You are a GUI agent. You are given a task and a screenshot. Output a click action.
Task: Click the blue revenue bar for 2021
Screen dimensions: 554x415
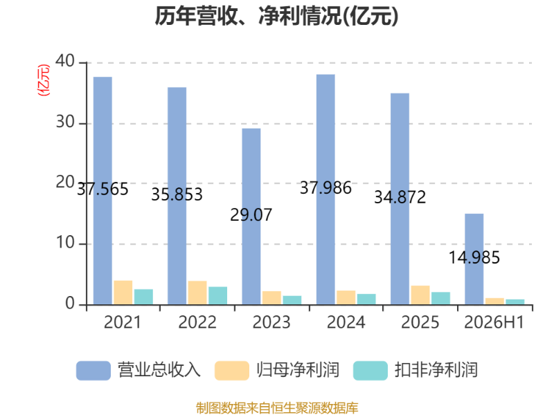102,191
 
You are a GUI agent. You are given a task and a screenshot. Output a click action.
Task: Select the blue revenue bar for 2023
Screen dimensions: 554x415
251,216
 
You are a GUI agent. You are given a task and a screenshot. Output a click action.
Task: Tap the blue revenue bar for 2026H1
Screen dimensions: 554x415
474,259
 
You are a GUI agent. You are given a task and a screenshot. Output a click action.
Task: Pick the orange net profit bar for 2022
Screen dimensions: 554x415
197,293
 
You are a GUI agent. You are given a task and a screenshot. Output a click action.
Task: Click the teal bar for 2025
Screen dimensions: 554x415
440,298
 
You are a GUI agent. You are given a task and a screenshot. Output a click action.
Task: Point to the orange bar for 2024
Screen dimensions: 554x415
346,297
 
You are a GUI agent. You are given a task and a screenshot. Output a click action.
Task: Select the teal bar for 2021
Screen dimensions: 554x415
143,297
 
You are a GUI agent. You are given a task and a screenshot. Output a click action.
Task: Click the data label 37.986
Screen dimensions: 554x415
325,187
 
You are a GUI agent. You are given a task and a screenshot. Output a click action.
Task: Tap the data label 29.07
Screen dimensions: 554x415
251,215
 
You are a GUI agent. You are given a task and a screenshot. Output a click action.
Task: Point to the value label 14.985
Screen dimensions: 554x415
474,257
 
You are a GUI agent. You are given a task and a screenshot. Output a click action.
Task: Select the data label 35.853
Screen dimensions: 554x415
177,194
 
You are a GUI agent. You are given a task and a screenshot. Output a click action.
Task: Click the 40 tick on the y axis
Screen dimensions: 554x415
65,62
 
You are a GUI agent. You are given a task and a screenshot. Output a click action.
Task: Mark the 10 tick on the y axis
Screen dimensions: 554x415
65,243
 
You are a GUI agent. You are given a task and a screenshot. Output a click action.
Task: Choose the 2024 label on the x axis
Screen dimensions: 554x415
346,322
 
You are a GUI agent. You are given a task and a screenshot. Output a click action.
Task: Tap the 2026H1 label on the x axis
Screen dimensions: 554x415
494,322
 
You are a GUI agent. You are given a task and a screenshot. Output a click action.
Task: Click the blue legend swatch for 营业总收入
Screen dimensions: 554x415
93,371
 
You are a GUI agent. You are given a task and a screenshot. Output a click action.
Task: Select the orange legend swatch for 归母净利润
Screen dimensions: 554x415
232,371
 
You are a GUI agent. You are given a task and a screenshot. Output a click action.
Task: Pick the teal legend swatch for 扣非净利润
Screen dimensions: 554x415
370,371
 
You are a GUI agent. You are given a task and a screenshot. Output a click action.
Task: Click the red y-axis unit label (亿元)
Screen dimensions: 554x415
44,80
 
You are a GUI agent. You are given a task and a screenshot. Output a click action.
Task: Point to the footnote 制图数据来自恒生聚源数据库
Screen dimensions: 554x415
277,408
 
